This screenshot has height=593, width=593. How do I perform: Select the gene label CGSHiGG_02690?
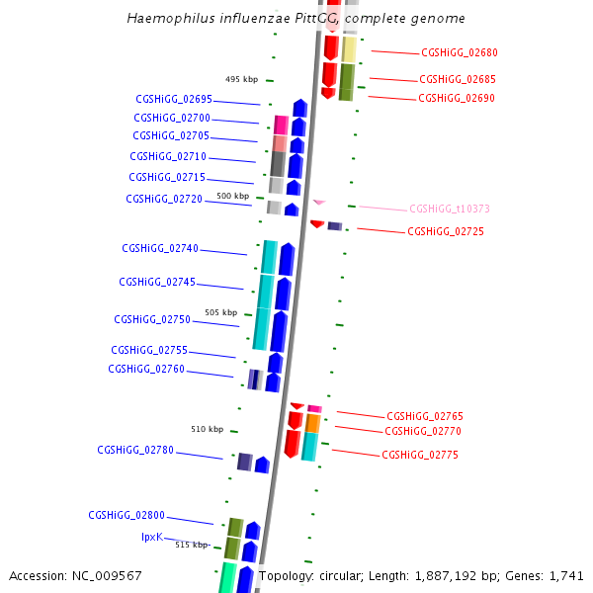tap(457, 98)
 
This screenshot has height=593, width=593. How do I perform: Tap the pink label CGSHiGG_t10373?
tap(449, 209)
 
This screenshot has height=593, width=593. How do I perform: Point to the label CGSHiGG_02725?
tap(446, 231)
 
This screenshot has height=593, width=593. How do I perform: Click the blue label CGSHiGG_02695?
tap(174, 99)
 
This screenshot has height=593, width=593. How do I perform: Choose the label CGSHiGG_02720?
tap(164, 199)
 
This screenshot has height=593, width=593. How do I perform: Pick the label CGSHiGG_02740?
tap(160, 248)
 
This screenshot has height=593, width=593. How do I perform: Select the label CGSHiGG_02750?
tap(152, 319)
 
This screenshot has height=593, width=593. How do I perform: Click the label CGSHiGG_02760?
tap(146, 369)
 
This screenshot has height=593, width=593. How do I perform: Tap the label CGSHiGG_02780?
tap(135, 450)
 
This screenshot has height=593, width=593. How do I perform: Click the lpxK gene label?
tap(151, 537)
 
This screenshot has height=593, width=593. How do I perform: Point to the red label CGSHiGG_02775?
tap(420, 455)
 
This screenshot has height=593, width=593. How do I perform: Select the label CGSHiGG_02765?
tap(425, 416)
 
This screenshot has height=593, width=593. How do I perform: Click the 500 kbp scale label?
tap(233, 197)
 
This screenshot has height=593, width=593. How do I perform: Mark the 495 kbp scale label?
tap(242, 79)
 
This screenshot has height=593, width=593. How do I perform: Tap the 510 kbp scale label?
tap(208, 429)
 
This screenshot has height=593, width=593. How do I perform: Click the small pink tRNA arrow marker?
tap(319, 202)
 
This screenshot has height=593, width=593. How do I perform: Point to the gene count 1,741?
tap(564, 575)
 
